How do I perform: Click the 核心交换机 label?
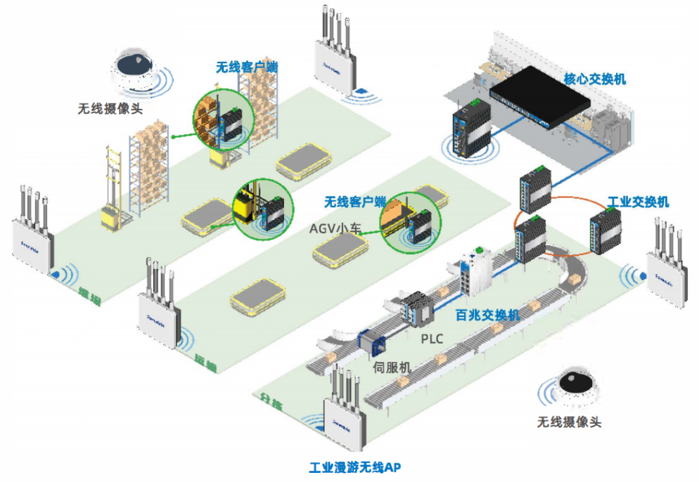594,79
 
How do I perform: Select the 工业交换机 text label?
638,202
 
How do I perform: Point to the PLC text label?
432,339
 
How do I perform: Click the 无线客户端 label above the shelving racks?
246,67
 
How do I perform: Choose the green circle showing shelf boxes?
223,121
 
